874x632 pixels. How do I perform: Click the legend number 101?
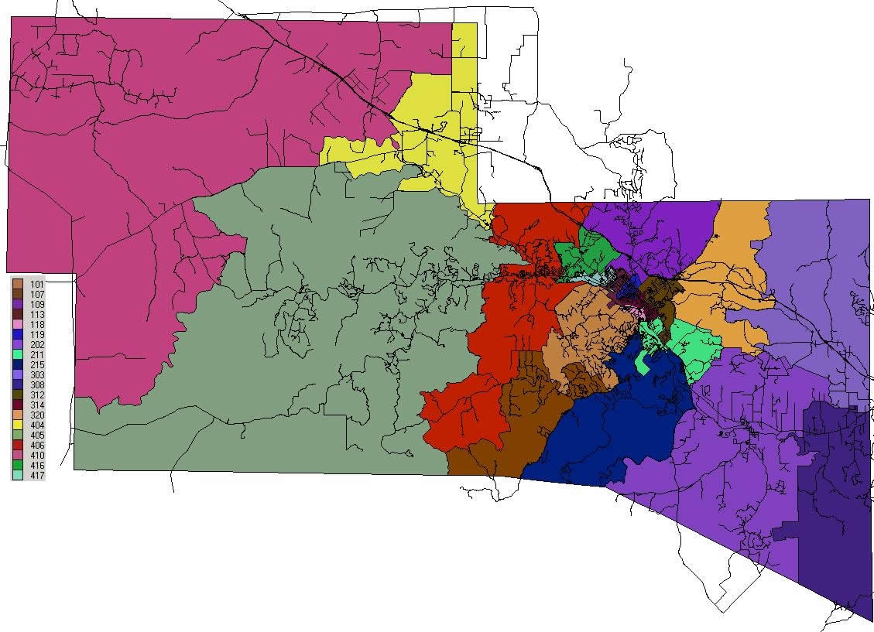coord(36,285)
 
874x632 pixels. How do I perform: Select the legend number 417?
coord(36,476)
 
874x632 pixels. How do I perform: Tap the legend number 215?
coord(36,365)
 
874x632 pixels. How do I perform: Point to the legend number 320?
coord(36,415)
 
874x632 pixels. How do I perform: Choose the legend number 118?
coord(36,325)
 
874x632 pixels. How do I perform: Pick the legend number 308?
coord(36,385)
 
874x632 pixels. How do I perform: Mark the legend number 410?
coord(36,456)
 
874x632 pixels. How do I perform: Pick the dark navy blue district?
coord(619,425)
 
